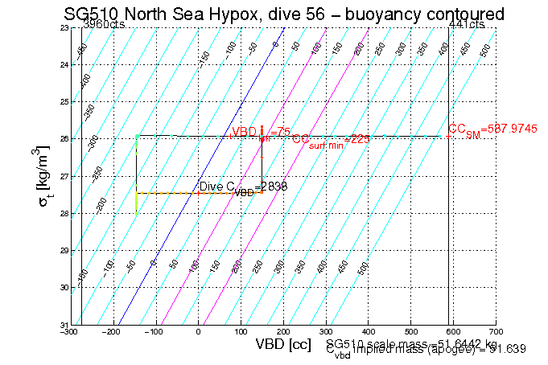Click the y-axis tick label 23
tap(64, 28)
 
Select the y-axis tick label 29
tap(64, 251)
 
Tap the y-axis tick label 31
tap(64, 325)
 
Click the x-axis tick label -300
tap(72, 332)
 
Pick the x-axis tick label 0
tap(199, 332)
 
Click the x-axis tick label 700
tap(496, 332)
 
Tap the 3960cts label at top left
tap(105, 25)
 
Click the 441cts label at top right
tap(468, 25)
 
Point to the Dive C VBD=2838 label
tap(242, 187)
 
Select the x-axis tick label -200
tap(114, 332)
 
